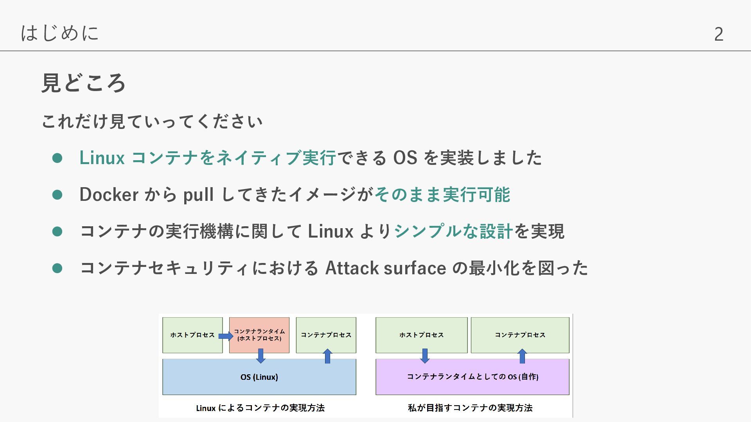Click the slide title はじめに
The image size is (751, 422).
click(59, 33)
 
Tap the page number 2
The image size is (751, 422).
click(719, 34)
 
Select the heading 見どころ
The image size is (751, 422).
click(83, 83)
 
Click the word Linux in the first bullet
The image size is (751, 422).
click(102, 158)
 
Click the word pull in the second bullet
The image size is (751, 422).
click(198, 195)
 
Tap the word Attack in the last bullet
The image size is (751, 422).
click(352, 268)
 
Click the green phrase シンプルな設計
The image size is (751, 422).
click(453, 231)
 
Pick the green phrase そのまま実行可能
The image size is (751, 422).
click(442, 195)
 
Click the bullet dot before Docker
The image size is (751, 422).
click(57, 195)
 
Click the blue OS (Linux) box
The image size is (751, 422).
click(259, 377)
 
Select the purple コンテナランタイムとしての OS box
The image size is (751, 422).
click(472, 377)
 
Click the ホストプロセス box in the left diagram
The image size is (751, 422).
click(192, 335)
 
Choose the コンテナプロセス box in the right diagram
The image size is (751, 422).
click(520, 335)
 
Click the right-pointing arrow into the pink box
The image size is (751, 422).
click(225, 336)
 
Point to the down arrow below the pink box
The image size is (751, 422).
click(261, 356)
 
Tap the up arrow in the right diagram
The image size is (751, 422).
click(522, 356)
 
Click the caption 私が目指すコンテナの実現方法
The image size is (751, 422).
click(470, 408)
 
